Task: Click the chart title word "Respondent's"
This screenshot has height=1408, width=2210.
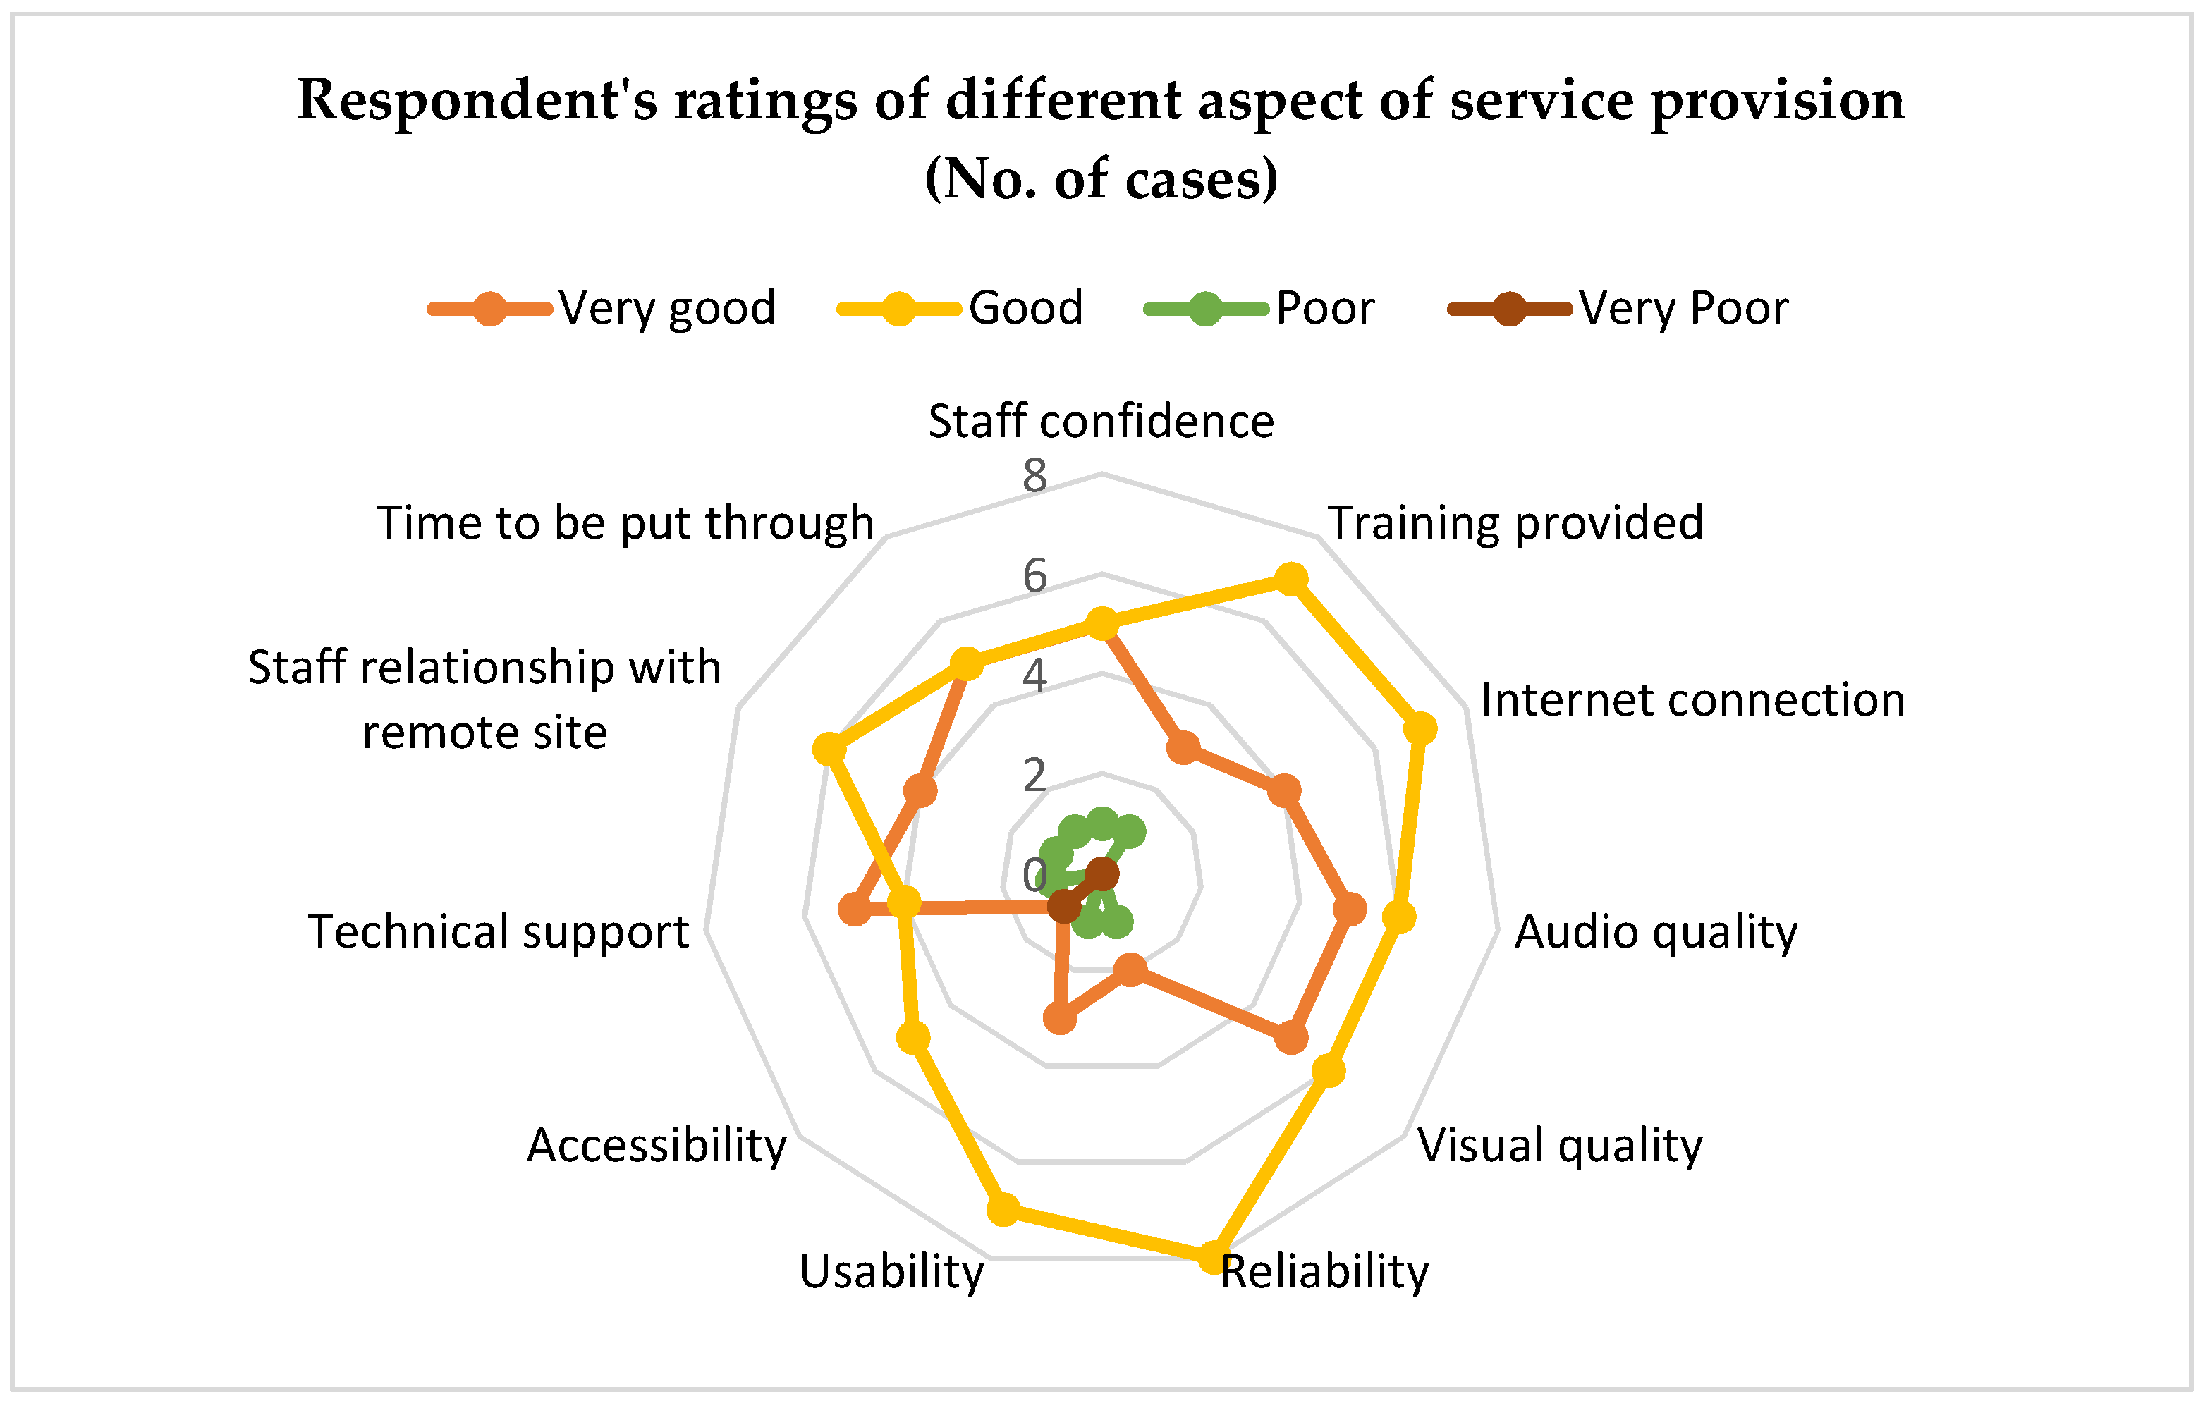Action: point(477,101)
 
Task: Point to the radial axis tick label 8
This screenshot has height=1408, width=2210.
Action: point(1034,475)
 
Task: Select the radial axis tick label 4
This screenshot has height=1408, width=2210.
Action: point(1034,675)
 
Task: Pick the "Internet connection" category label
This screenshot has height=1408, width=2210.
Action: point(1692,699)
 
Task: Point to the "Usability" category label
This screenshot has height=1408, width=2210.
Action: point(891,1271)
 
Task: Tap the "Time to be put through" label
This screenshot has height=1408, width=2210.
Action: point(625,522)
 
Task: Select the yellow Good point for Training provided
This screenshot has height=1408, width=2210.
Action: point(1290,579)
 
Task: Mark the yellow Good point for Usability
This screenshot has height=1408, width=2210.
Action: point(1003,1208)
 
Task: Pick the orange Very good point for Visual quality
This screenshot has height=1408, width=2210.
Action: point(1290,1038)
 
